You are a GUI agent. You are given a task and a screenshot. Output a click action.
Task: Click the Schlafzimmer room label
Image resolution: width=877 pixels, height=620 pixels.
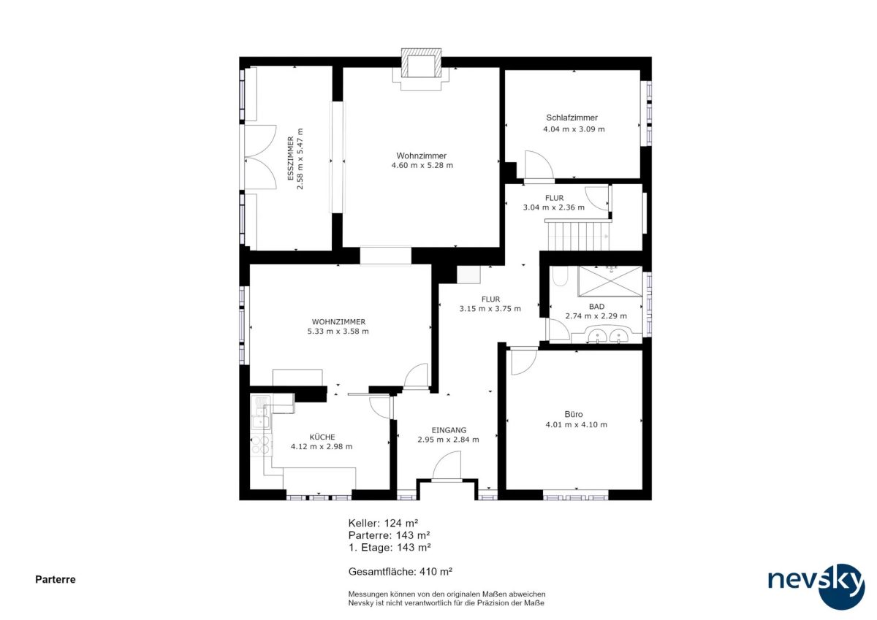572,118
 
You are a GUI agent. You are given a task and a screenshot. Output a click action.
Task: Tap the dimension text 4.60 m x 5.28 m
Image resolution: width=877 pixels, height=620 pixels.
422,166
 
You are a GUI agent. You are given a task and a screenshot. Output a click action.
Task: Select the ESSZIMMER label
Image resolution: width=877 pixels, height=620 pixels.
291,158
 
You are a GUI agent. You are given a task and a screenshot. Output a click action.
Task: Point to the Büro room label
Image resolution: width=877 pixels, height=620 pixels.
574,414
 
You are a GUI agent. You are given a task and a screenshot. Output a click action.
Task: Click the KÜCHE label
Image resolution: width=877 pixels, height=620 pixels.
322,437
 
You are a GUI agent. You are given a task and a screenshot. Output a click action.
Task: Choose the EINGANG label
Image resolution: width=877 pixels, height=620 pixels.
449,430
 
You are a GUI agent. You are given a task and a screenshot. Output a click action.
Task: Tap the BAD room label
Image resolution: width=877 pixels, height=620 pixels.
596,306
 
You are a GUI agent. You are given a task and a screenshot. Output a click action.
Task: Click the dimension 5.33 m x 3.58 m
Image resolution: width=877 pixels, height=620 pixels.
338,332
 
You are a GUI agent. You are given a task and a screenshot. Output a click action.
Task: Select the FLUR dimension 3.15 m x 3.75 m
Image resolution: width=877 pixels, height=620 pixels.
490,309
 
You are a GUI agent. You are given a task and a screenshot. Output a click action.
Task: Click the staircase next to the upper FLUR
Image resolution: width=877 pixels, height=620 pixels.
578,234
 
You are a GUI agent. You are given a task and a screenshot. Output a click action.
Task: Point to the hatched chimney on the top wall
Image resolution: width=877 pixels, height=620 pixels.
421,63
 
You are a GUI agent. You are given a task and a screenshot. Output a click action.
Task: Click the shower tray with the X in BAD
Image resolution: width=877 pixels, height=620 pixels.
610,281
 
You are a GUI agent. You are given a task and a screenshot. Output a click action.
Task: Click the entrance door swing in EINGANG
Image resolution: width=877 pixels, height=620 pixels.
447,464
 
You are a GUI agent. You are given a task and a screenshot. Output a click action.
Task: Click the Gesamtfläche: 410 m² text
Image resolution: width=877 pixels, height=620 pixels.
400,572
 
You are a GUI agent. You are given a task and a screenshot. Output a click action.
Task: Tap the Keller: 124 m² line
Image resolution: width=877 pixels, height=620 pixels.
383,523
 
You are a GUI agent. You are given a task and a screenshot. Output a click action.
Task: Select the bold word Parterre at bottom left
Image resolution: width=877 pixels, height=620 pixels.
56,579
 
